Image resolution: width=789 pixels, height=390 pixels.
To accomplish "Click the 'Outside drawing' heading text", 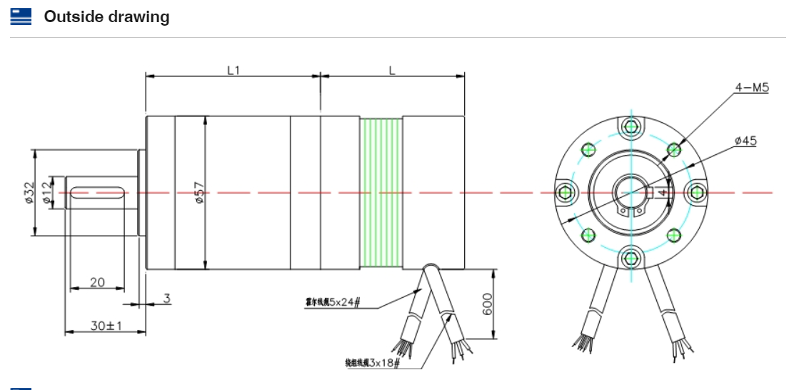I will (106, 17).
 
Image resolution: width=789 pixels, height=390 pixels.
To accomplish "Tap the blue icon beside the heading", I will (21, 16).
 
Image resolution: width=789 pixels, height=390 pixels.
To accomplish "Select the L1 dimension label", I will (233, 70).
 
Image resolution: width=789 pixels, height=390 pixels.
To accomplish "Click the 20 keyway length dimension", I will (97, 282).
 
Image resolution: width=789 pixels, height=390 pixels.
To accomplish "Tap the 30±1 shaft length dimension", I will (106, 326).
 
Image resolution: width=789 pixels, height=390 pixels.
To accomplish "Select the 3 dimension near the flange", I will (166, 299).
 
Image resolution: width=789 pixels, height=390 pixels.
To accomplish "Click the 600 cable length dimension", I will (487, 304).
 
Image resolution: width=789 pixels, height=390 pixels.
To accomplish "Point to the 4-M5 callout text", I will (751, 88).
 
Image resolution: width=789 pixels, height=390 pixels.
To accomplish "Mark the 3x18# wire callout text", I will (371, 363).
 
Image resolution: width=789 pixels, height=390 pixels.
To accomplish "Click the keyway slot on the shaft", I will (98, 192).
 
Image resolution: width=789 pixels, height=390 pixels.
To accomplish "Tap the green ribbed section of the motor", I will (381, 193).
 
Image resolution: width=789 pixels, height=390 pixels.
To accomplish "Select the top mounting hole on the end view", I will (630, 127).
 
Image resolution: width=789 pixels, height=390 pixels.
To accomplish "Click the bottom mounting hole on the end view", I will (630, 257).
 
